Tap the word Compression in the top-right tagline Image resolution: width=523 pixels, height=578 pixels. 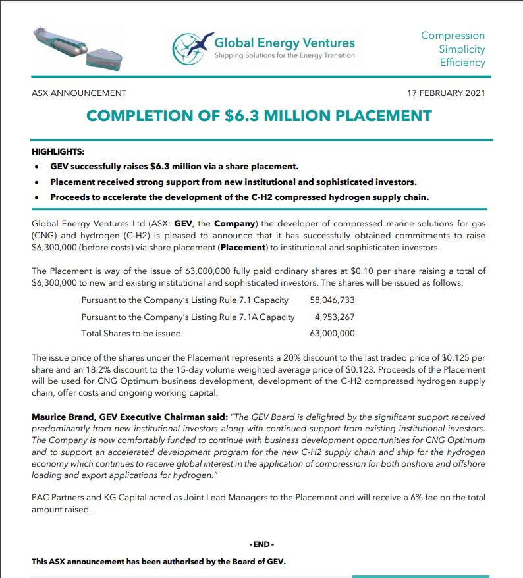453,36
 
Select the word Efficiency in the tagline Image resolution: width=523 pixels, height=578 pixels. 462,63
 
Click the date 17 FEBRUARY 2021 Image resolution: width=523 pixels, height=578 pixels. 447,93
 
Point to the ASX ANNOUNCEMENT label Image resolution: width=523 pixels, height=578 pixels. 79,93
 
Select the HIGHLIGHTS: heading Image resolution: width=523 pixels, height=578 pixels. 58,152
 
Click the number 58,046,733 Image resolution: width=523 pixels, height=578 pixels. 332,300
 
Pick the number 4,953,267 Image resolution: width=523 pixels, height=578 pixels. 335,317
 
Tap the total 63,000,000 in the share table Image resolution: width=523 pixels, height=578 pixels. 332,334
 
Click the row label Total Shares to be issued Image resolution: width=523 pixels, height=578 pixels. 131,334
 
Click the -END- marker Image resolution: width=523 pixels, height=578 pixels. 261,545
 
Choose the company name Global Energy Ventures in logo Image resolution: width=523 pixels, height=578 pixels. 285,43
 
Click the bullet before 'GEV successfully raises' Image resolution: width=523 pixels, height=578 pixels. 39,167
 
